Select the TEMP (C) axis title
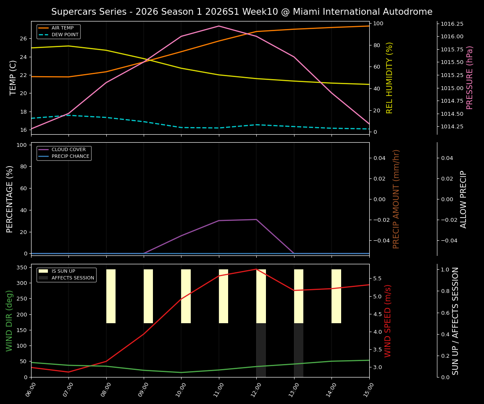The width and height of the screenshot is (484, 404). click(x=13, y=77)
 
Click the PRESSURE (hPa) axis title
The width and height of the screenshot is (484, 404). click(x=470, y=77)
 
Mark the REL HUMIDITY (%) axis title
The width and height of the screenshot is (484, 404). click(x=389, y=77)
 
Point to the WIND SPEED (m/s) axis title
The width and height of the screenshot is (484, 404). click(x=388, y=321)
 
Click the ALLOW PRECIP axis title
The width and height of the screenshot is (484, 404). click(x=463, y=199)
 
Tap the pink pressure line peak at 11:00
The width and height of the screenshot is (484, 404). click(x=219, y=26)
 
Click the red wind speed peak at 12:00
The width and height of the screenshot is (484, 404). click(x=256, y=269)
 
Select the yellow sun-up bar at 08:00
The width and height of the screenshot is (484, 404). click(x=111, y=296)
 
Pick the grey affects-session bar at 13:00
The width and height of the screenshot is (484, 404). click(x=298, y=350)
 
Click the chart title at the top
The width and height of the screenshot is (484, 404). click(x=242, y=12)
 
